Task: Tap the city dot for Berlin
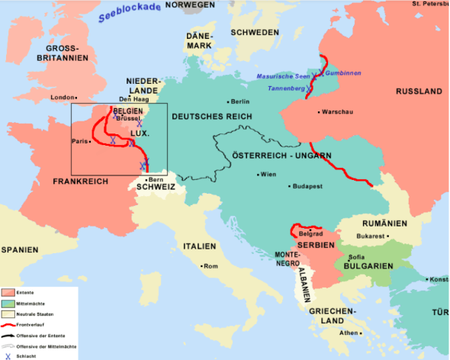coord(228,101)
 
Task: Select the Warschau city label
coord(336,112)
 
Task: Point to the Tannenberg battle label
coord(286,89)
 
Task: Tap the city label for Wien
coord(268,175)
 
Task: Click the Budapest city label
coord(310,186)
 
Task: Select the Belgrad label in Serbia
coord(310,233)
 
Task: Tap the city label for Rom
coord(211,266)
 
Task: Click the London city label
coord(63,98)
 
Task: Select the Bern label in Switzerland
coord(156,179)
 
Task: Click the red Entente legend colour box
coord(8,292)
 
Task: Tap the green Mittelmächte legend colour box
coord(8,303)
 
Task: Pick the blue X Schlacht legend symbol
coord(8,355)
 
